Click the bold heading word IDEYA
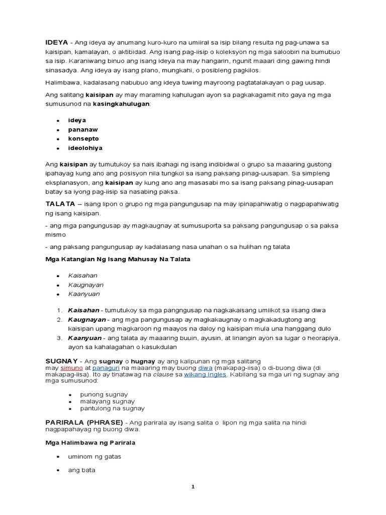[56, 42]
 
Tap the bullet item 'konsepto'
[83, 138]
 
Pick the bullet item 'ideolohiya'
[85, 148]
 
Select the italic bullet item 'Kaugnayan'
[85, 285]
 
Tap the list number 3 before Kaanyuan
[59, 338]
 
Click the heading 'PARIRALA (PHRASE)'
[84, 422]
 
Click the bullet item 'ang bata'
[81, 470]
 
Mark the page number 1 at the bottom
[192, 486]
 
